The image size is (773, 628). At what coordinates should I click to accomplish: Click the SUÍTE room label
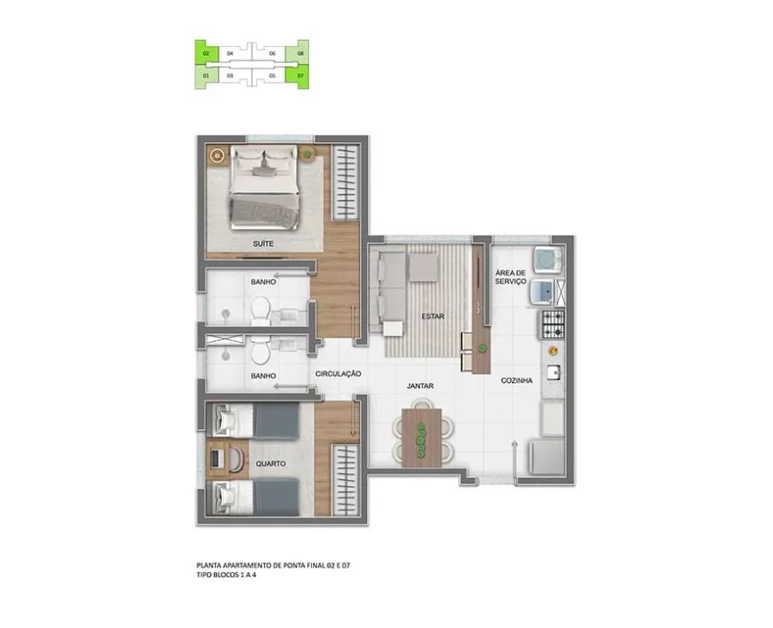point(263,243)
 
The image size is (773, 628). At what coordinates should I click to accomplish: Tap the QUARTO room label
point(271,464)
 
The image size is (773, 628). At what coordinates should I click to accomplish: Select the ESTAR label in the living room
point(433,316)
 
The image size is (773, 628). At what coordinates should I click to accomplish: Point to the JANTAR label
point(420,386)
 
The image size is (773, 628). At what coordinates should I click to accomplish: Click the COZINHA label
point(516,380)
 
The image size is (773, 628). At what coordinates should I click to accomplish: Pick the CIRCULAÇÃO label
point(339,374)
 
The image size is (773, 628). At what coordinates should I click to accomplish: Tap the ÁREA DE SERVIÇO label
point(511,277)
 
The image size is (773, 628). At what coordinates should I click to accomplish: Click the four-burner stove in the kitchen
point(554,324)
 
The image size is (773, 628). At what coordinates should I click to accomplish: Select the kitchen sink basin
point(554,372)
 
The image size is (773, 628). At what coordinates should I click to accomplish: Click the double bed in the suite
point(264,187)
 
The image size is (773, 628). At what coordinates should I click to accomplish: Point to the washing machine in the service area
point(549,258)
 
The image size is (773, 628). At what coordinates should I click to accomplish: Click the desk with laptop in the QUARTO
point(218,458)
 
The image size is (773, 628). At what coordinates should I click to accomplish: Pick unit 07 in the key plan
point(298,76)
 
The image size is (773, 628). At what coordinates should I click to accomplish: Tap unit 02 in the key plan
point(206,52)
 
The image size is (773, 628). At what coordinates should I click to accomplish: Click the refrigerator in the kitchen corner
point(547,457)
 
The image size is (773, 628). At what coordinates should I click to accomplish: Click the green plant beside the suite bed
point(307,155)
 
